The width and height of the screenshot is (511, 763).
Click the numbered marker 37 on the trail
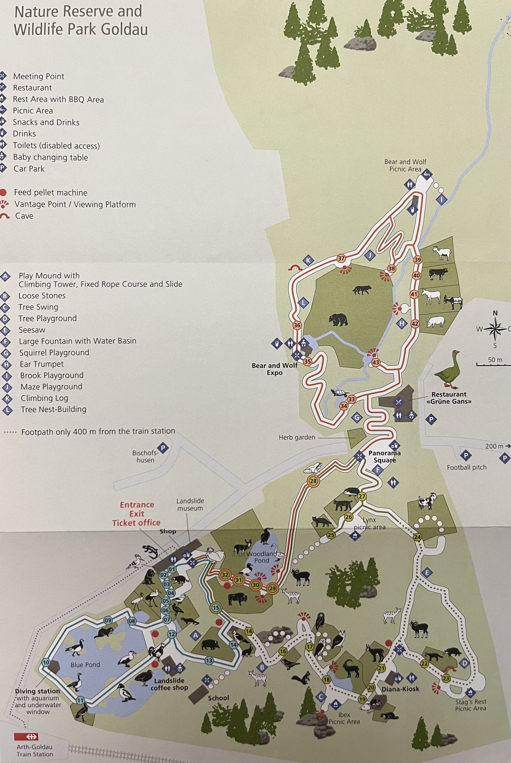[341, 258]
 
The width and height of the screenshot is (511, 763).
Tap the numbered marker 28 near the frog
[313, 481]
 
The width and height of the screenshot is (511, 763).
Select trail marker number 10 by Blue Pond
[46, 663]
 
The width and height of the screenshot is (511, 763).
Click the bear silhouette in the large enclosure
[338, 319]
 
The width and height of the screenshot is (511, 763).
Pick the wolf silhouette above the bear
[362, 290]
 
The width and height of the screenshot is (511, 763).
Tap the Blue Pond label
[85, 664]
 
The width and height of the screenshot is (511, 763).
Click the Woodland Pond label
[262, 557]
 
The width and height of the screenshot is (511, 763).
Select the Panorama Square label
[384, 456]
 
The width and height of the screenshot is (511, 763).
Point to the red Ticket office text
[136, 522]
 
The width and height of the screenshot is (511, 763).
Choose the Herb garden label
[297, 437]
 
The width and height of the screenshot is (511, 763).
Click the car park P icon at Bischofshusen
[163, 448]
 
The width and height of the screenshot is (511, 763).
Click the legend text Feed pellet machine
[51, 193]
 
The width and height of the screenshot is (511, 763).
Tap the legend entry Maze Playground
[51, 386]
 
